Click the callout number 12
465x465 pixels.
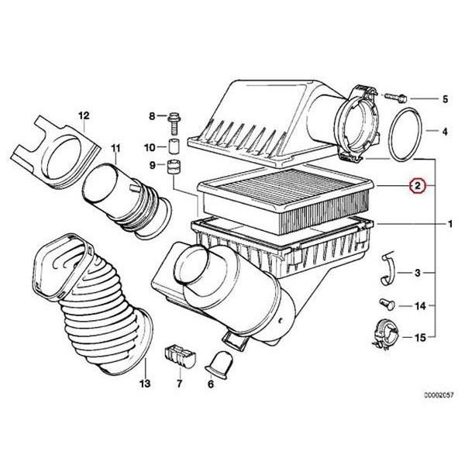83,115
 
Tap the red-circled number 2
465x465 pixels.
416,186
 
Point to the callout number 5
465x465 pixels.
445,98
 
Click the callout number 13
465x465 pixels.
144,383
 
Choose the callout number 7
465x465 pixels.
179,383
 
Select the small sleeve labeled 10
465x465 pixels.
174,146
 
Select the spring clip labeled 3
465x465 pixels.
391,270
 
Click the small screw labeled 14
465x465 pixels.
385,304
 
